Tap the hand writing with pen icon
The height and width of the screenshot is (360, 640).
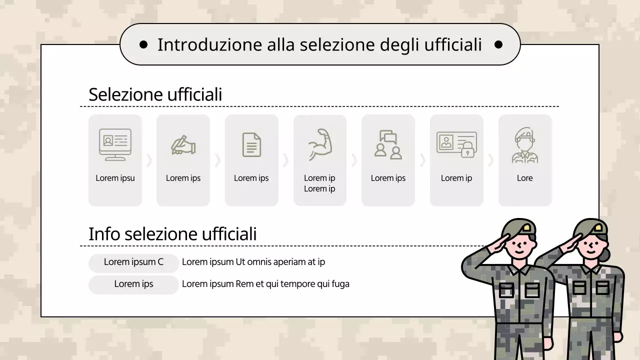183,145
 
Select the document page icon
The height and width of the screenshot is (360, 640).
251,145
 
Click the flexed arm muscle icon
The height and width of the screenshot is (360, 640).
320,144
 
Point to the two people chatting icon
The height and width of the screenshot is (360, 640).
388,145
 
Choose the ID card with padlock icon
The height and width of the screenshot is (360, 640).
456,144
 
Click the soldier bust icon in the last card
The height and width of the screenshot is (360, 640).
524,145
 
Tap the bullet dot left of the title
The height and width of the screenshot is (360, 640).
143,45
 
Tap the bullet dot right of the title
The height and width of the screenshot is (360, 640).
498,45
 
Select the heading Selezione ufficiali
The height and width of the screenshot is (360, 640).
155,94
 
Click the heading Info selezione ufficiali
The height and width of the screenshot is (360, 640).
172,234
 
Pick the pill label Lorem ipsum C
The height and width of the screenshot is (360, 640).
133,262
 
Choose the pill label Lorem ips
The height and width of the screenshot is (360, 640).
133,284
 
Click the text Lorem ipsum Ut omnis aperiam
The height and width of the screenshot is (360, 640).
253,262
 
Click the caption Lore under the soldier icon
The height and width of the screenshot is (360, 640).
524,178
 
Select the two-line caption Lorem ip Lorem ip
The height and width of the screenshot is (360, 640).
319,183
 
